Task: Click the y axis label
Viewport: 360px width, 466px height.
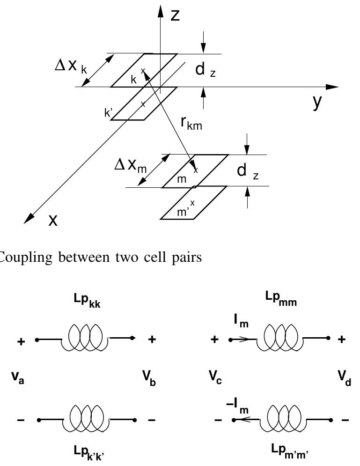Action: (x=318, y=102)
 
